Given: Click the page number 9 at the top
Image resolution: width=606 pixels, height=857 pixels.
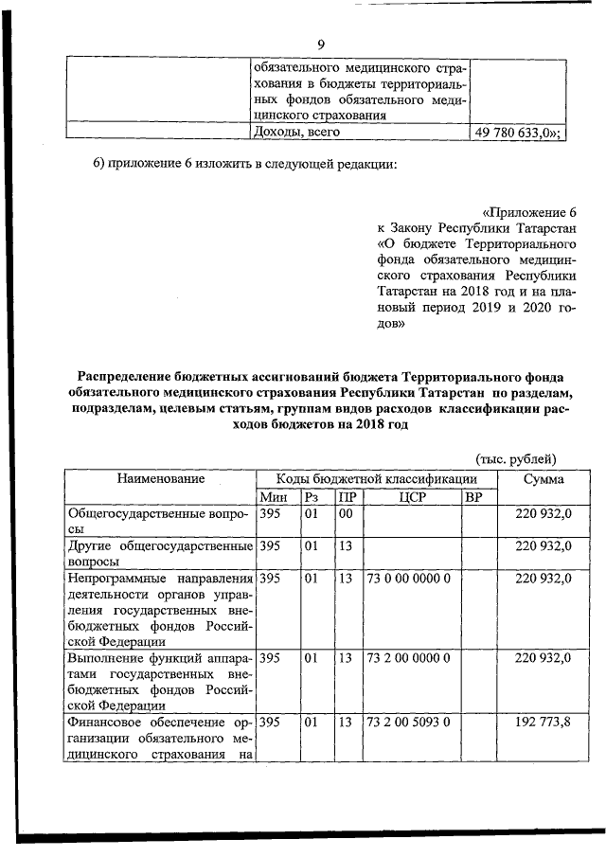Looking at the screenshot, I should (321, 45).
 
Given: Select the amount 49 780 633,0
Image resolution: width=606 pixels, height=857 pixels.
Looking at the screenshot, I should (517, 134).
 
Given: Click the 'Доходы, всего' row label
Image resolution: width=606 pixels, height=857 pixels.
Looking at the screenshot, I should (295, 134).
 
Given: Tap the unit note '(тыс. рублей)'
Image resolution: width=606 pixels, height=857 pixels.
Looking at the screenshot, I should (516, 459).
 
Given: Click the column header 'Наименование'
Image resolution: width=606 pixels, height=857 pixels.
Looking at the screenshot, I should (160, 480).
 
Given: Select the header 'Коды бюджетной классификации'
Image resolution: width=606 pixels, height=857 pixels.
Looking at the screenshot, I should (376, 480).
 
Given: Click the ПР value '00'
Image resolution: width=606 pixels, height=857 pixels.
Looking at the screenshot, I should (346, 514).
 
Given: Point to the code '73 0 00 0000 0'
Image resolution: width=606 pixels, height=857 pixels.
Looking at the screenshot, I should (408, 578).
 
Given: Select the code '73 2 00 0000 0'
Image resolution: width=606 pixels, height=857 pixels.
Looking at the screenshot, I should (408, 657).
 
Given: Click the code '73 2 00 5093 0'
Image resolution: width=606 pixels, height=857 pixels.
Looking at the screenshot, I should (408, 722).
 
